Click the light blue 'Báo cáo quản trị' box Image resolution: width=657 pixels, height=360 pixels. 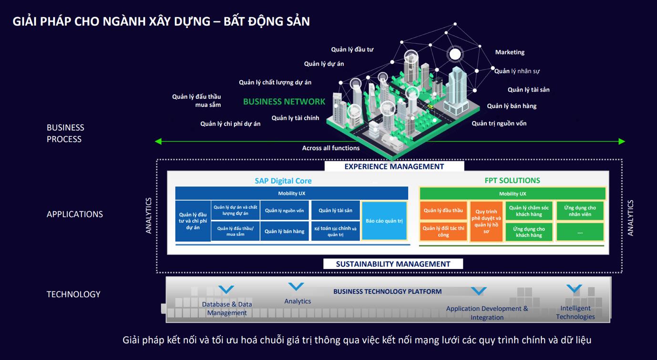[x=384, y=221]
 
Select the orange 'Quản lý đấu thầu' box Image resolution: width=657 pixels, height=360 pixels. [x=443, y=211]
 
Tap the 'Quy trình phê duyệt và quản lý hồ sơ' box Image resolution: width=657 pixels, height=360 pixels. [x=486, y=222]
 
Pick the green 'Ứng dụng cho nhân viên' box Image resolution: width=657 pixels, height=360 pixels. [x=580, y=211]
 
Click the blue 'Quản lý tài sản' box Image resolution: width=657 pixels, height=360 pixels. [x=335, y=210]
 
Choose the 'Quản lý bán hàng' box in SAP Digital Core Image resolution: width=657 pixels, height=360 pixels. [x=284, y=231]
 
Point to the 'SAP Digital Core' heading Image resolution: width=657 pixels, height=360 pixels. [x=283, y=181]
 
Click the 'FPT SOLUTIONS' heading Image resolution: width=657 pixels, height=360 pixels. [x=512, y=180]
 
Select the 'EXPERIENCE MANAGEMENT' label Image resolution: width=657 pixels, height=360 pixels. [x=394, y=166]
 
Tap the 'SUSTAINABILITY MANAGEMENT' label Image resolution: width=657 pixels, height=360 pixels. [x=393, y=264]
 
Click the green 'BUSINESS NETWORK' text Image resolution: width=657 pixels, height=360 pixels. [x=284, y=102]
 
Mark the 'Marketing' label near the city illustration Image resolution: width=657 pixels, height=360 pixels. [x=510, y=52]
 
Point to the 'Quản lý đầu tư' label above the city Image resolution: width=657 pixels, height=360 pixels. [x=352, y=49]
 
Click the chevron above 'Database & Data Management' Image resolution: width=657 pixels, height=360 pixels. [x=226, y=289]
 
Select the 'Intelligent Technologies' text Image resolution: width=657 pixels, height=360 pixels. [x=575, y=312]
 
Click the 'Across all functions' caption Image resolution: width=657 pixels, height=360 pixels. [x=330, y=148]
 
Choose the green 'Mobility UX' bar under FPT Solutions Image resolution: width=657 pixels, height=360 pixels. [x=512, y=194]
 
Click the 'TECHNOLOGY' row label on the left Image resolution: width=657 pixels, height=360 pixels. [x=73, y=294]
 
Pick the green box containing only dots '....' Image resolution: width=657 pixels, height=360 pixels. [x=580, y=232]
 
